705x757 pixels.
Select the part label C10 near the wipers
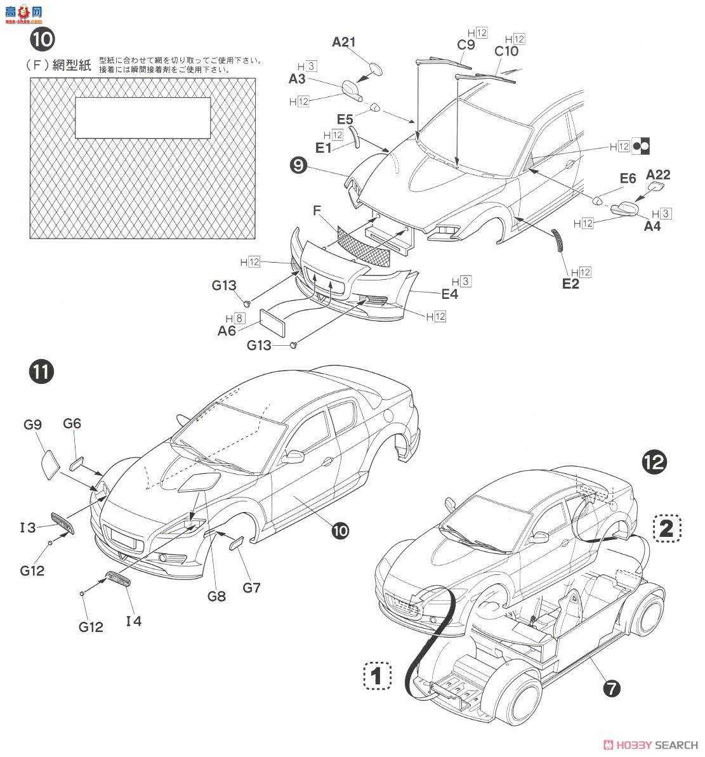(x=506, y=51)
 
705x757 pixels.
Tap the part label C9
(x=466, y=44)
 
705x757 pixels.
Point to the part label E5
(x=345, y=119)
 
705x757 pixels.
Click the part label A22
(x=658, y=174)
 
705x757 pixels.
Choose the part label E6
(x=628, y=179)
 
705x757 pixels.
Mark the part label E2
(x=570, y=284)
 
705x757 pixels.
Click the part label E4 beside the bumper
(x=449, y=294)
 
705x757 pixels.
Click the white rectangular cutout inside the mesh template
(x=143, y=117)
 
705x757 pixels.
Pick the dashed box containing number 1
(x=377, y=677)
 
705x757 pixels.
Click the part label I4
(x=133, y=621)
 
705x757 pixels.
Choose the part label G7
(x=251, y=588)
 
